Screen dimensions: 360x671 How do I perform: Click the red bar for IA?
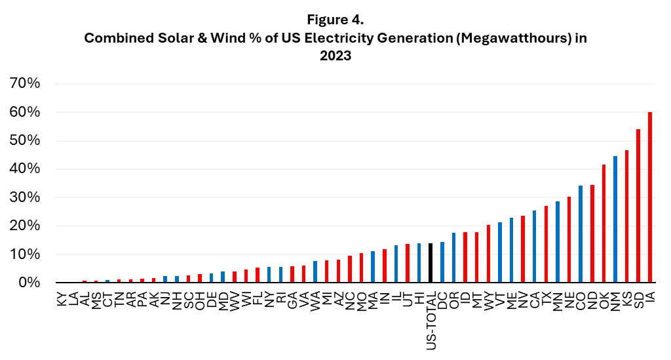(650, 197)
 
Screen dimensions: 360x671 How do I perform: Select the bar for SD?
(638, 206)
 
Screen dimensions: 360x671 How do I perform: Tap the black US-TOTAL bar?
(430, 263)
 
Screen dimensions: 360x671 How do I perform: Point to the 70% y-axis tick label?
(25, 84)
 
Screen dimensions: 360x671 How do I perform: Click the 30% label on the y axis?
(25, 197)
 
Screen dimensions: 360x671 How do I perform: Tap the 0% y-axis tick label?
(29, 283)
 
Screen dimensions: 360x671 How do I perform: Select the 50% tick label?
(25, 141)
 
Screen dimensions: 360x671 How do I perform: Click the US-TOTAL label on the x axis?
(430, 318)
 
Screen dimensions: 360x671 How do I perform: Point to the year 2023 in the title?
(335, 56)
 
